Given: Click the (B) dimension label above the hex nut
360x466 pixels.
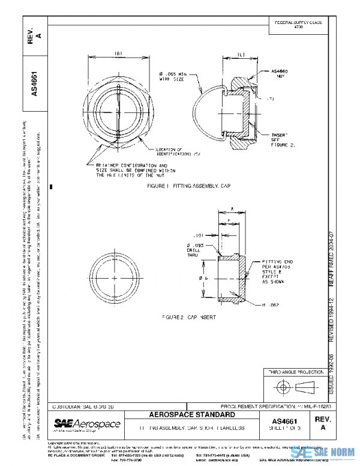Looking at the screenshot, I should [118, 53].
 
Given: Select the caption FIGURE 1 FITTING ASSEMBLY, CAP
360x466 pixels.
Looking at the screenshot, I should [188, 187].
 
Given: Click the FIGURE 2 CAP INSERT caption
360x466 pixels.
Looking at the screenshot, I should [188, 315].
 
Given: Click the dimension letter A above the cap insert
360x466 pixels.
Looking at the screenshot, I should [232, 210].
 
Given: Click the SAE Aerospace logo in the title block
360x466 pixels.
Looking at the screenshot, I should [87, 425].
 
